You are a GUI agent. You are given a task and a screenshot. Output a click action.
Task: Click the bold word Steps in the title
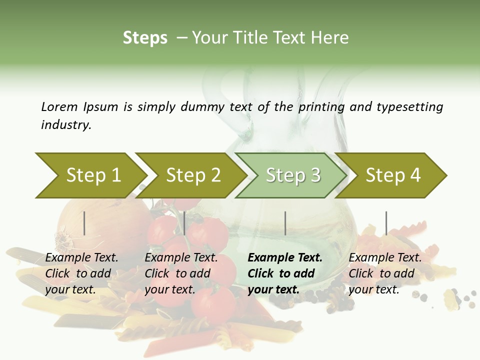(x=145, y=38)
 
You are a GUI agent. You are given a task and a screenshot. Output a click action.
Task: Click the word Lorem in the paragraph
(x=59, y=107)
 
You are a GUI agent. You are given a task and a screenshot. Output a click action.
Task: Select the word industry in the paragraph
(x=66, y=125)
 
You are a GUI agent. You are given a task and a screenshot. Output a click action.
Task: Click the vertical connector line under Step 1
(x=84, y=223)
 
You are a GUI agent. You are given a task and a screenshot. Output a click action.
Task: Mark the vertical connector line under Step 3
(x=285, y=223)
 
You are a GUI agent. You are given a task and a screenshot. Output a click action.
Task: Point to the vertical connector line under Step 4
(x=386, y=223)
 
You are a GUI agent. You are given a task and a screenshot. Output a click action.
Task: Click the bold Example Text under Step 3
(x=285, y=258)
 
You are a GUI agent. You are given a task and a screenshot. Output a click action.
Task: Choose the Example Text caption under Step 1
(x=81, y=258)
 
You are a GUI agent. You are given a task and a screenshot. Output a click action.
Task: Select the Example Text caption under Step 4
(x=385, y=258)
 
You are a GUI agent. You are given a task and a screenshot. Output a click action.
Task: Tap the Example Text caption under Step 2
(x=181, y=258)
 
